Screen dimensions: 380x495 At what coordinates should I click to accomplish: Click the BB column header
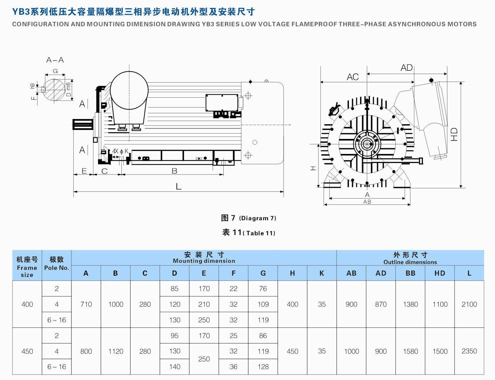point(410,273)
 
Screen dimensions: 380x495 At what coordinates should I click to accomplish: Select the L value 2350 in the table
point(469,351)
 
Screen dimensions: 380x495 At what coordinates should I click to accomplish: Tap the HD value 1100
point(440,304)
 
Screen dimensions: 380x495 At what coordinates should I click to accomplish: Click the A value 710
point(86,304)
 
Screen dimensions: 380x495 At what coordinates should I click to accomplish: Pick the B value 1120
point(115,351)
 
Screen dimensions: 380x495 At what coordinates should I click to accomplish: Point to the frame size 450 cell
point(27,351)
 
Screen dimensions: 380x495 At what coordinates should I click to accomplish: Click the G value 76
point(263,288)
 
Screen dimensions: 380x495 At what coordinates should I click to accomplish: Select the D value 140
point(174,367)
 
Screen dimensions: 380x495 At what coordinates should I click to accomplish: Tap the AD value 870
point(381,304)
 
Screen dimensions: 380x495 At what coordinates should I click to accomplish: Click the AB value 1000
point(351,351)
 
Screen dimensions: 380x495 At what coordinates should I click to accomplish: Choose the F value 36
point(233,367)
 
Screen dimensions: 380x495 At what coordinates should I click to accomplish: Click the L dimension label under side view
point(178,186)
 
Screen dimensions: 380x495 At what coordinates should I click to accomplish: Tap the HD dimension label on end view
point(454,134)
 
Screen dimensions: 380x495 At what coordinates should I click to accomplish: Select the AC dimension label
point(352,77)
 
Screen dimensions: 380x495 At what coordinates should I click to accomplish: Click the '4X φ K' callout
point(120,151)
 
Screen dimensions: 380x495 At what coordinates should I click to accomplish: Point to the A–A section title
point(55,60)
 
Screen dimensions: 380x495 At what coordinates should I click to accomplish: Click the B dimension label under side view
point(174,171)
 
